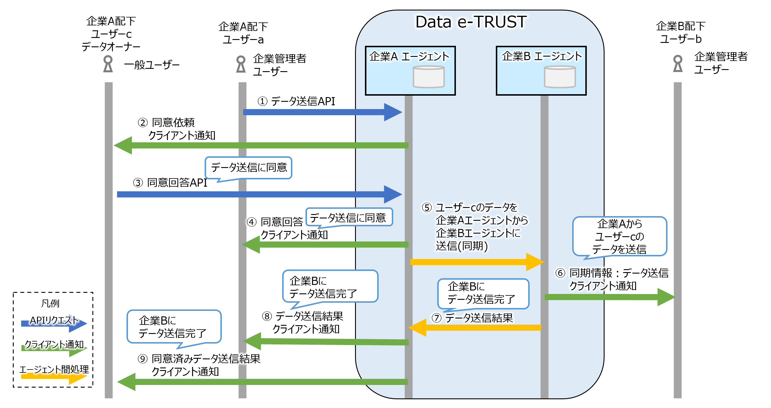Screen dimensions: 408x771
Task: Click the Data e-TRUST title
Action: pyautogui.click(x=470, y=22)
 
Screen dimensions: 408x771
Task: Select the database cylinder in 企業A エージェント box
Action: pyautogui.click(x=428, y=77)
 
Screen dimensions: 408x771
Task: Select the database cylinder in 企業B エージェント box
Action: pyautogui.click(x=559, y=77)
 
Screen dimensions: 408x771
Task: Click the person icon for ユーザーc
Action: pyautogui.click(x=108, y=64)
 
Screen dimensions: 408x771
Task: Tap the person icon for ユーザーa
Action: pyautogui.click(x=241, y=64)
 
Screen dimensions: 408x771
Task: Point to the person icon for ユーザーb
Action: pyautogui.click(x=677, y=64)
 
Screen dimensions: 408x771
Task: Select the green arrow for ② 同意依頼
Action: pyautogui.click(x=260, y=146)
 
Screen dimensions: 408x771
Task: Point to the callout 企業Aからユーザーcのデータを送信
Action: pyautogui.click(x=619, y=237)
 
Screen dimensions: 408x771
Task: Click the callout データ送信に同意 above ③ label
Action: pyautogui.click(x=248, y=167)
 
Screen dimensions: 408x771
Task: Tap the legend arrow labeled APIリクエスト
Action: pyautogui.click(x=54, y=324)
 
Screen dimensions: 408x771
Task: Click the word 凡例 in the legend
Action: pyautogui.click(x=50, y=303)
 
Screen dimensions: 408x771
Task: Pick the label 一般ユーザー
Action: pyautogui.click(x=152, y=65)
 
